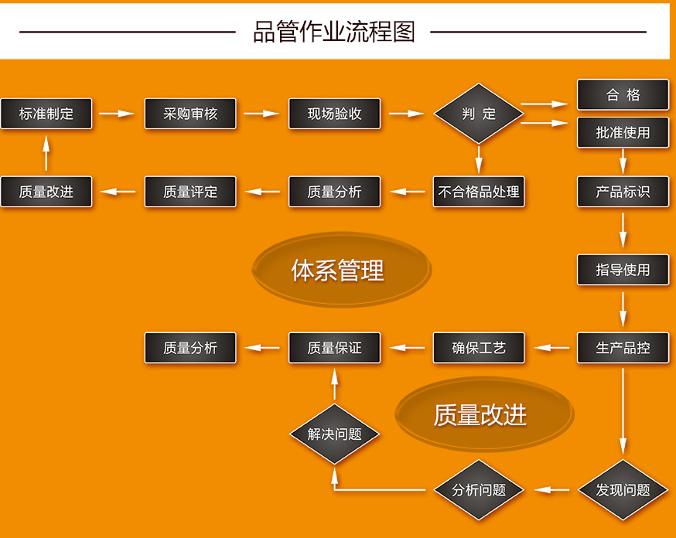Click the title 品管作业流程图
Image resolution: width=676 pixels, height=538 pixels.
pyautogui.click(x=334, y=32)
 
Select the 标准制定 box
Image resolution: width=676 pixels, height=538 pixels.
pyautogui.click(x=46, y=114)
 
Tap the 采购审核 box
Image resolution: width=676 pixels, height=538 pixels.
pyautogui.click(x=190, y=114)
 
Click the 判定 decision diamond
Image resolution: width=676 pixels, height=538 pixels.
pyautogui.click(x=479, y=114)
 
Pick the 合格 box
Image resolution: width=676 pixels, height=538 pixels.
pyautogui.click(x=623, y=95)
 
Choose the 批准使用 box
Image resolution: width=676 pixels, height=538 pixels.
pyautogui.click(x=623, y=132)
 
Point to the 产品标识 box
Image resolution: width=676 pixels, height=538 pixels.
pyautogui.click(x=623, y=192)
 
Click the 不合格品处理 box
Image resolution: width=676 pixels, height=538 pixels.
pyautogui.click(x=479, y=192)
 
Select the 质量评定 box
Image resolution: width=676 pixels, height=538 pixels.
pyautogui.click(x=190, y=192)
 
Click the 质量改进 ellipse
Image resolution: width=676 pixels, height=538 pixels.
pyautogui.click(x=480, y=415)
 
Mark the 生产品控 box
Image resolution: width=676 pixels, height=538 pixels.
pyautogui.click(x=623, y=348)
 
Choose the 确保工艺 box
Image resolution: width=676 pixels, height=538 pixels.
pyautogui.click(x=479, y=348)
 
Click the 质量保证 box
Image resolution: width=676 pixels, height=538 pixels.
pyautogui.click(x=334, y=348)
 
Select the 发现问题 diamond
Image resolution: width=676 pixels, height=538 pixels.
pyautogui.click(x=623, y=489)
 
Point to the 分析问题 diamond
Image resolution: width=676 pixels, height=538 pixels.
pyautogui.click(x=479, y=489)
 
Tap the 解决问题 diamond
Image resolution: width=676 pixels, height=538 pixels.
pyautogui.click(x=334, y=434)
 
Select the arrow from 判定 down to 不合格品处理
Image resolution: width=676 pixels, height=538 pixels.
pyautogui.click(x=479, y=160)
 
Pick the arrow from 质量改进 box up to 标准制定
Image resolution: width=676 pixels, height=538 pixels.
pyautogui.click(x=46, y=153)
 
